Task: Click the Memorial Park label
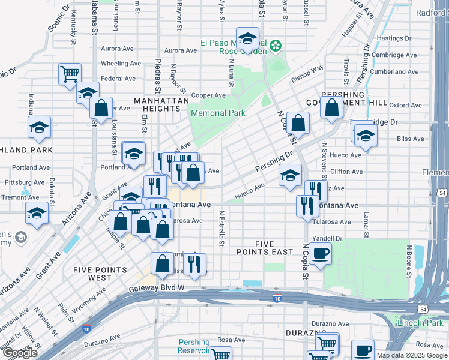[217, 113]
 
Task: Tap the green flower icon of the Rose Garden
[276, 46]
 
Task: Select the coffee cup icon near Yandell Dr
[321, 253]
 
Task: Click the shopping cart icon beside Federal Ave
[70, 74]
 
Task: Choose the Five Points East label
[265, 248]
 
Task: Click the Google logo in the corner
[20, 353]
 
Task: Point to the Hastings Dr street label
[394, 38]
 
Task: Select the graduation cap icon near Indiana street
[39, 127]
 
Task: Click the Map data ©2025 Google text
[411, 355]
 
